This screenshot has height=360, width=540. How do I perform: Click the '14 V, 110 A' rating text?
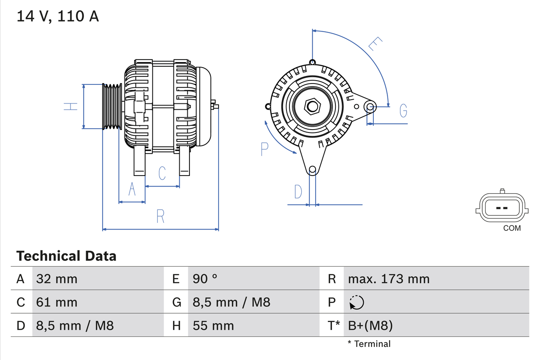point(58,16)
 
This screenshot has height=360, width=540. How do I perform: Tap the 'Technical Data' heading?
point(66,256)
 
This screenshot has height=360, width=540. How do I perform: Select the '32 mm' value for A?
point(57,279)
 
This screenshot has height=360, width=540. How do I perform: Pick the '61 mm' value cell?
point(57,302)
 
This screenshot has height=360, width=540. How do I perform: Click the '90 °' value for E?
point(205,279)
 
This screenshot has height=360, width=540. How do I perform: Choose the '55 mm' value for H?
point(213,325)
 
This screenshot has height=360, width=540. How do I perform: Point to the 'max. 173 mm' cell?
point(389,279)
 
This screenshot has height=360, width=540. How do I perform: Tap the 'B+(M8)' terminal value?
point(370,325)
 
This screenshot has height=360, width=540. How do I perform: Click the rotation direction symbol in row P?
point(356,302)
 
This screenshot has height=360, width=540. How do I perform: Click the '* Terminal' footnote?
point(369,344)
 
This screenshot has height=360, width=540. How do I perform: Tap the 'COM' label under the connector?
point(512,228)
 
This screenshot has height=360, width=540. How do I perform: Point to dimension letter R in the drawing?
point(160,216)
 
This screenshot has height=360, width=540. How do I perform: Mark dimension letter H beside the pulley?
point(71,106)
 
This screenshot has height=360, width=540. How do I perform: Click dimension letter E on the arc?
point(375,44)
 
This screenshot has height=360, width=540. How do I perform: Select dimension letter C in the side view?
point(162,173)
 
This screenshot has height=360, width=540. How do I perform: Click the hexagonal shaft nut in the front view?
point(312,106)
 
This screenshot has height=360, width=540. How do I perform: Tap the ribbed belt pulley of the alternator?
point(112,106)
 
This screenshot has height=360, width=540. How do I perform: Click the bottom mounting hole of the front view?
point(312,170)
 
